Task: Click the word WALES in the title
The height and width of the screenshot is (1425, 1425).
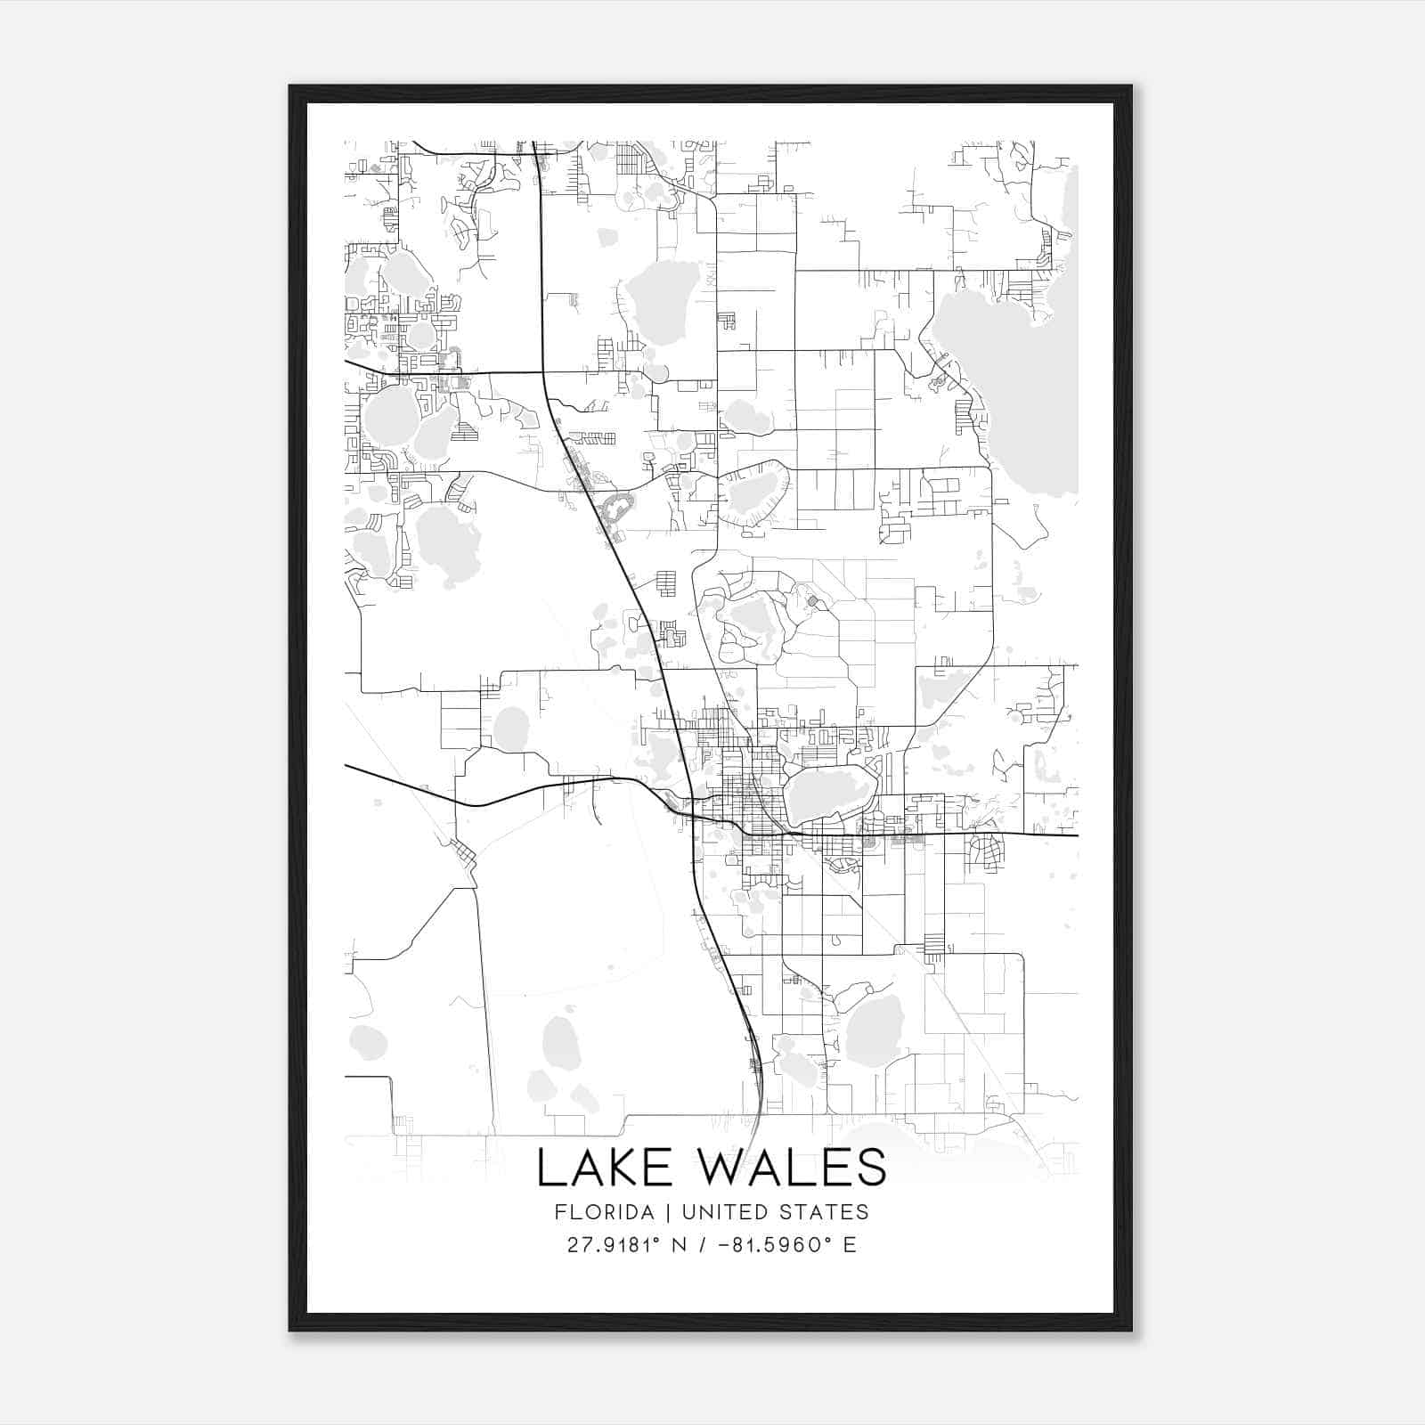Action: pyautogui.click(x=786, y=1168)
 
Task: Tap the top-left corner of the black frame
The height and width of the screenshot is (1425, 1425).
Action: pyautogui.click(x=291, y=87)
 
